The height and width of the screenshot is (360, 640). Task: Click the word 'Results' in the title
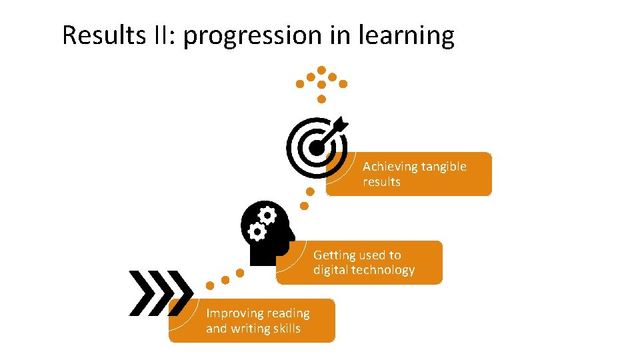(101, 35)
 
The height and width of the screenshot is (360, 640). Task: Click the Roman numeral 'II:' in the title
(162, 35)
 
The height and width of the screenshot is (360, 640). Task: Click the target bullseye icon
(315, 147)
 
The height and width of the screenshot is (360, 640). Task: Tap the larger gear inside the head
(267, 215)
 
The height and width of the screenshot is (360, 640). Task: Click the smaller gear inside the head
(256, 231)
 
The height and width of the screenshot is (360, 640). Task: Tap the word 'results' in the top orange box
(381, 182)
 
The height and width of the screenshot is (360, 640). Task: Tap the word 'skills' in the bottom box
(289, 329)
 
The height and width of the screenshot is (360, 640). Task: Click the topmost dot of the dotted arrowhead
(321, 70)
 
